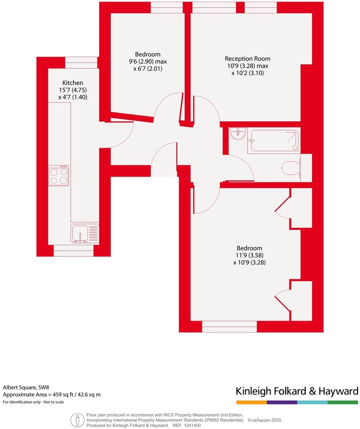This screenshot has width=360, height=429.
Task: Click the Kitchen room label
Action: coord(73,82)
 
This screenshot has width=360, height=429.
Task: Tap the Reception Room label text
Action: coord(247,59)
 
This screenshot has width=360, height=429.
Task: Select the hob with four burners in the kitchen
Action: coord(59,176)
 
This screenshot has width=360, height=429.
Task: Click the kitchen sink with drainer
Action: coord(85,233)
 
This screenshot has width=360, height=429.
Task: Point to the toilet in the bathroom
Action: coord(291,168)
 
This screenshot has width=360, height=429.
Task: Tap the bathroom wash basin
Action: coord(238,133)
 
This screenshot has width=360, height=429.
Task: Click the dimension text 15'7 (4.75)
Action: coord(73,90)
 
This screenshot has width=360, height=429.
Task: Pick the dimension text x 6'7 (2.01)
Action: coord(147,69)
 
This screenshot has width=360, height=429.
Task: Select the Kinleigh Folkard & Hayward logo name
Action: coord(296,391)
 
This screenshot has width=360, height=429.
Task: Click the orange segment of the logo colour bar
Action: coord(251,402)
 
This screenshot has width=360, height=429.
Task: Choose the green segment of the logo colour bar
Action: coord(343,402)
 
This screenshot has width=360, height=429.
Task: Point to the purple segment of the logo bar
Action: coord(282,402)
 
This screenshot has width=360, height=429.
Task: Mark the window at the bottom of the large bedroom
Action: coord(229,327)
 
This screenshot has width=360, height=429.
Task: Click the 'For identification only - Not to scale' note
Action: coord(33,402)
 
